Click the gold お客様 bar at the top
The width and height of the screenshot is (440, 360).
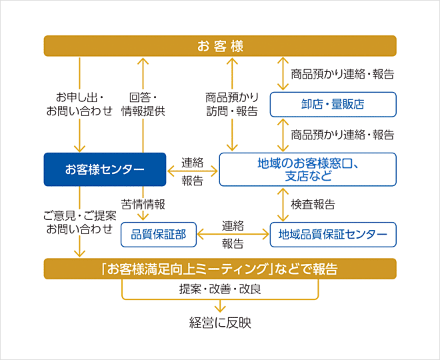(220, 46)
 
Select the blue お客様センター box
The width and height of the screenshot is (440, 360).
(105, 169)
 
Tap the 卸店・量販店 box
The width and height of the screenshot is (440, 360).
(333, 104)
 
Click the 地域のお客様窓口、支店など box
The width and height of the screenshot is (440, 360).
(307, 169)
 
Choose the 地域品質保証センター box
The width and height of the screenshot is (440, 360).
(333, 234)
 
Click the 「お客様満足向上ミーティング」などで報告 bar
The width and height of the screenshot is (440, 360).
(220, 269)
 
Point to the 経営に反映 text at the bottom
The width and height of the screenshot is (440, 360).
(220, 323)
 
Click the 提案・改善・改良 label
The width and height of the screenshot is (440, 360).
(220, 289)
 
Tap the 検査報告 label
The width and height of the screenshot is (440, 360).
(313, 204)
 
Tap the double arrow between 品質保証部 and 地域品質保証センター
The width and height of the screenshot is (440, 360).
(233, 235)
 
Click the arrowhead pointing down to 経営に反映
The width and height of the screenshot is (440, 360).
(220, 308)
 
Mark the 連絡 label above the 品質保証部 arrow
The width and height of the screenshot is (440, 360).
(233, 225)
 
